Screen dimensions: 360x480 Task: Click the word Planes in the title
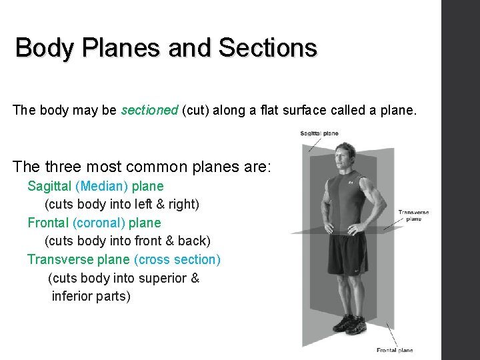(125, 48)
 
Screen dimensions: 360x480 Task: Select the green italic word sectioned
(149, 110)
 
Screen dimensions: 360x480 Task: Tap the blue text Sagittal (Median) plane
(95, 186)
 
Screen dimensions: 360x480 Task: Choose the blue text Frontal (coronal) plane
(94, 223)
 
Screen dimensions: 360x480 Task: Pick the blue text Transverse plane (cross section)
(123, 259)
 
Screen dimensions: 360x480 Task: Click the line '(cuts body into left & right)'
(121, 204)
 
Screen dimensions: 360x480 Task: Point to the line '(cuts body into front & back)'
(127, 241)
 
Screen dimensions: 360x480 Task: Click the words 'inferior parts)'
(91, 296)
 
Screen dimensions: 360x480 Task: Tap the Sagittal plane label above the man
(319, 133)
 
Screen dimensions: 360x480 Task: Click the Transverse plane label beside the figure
(413, 215)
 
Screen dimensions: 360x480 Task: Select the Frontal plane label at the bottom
(394, 350)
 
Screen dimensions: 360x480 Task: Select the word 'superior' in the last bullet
(163, 278)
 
